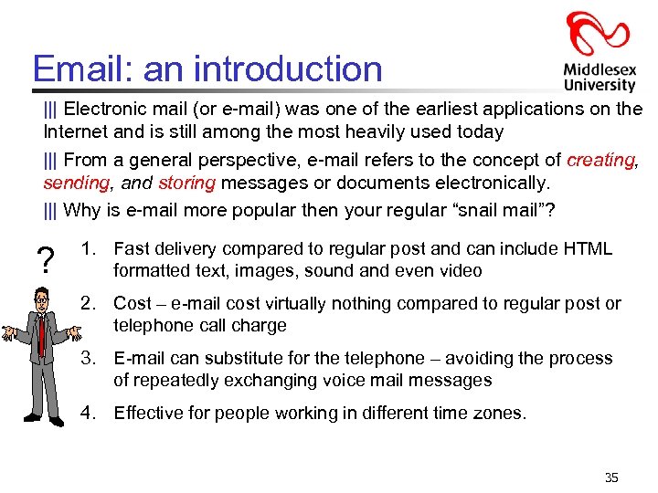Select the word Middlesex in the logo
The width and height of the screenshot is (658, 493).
pos(600,69)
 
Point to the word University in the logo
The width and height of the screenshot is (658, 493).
pos(600,85)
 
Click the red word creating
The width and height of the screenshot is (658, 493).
pos(600,160)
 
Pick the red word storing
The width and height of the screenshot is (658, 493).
pos(186,183)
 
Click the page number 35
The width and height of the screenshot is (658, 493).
pos(611,477)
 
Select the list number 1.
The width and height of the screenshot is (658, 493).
pos(88,249)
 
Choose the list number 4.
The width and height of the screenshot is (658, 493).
pos(88,413)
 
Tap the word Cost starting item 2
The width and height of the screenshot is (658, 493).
pos(133,304)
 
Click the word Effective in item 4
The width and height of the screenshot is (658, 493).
pos(149,413)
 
